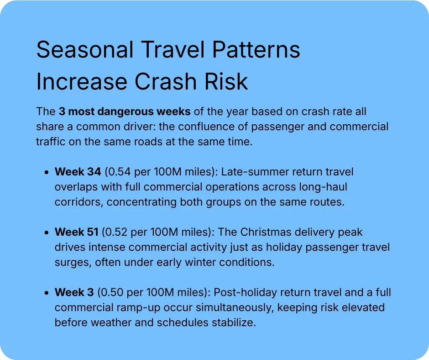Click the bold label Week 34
pos(78,172)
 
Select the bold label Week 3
pos(74,292)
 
